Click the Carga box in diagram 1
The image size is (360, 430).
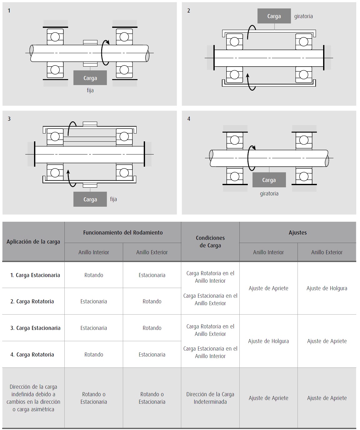90,78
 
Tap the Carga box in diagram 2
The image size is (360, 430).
274,16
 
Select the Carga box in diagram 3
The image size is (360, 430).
90,199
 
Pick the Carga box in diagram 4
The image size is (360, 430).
269,180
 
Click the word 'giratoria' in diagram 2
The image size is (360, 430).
303,16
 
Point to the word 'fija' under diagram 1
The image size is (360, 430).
90,90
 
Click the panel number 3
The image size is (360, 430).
9,119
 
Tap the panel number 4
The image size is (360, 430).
188,119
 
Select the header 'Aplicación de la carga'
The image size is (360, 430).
33,242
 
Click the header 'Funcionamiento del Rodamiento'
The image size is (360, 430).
123,232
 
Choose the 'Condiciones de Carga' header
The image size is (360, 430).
210,241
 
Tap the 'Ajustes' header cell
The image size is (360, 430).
297,232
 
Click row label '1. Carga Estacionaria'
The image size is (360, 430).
35,275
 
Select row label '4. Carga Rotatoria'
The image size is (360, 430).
32,355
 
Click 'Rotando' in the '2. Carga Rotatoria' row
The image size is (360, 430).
152,301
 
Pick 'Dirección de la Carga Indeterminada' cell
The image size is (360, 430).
210,398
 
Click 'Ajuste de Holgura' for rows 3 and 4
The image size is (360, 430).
268,341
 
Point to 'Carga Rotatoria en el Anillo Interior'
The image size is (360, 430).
210,277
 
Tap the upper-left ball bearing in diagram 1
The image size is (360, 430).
55,37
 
